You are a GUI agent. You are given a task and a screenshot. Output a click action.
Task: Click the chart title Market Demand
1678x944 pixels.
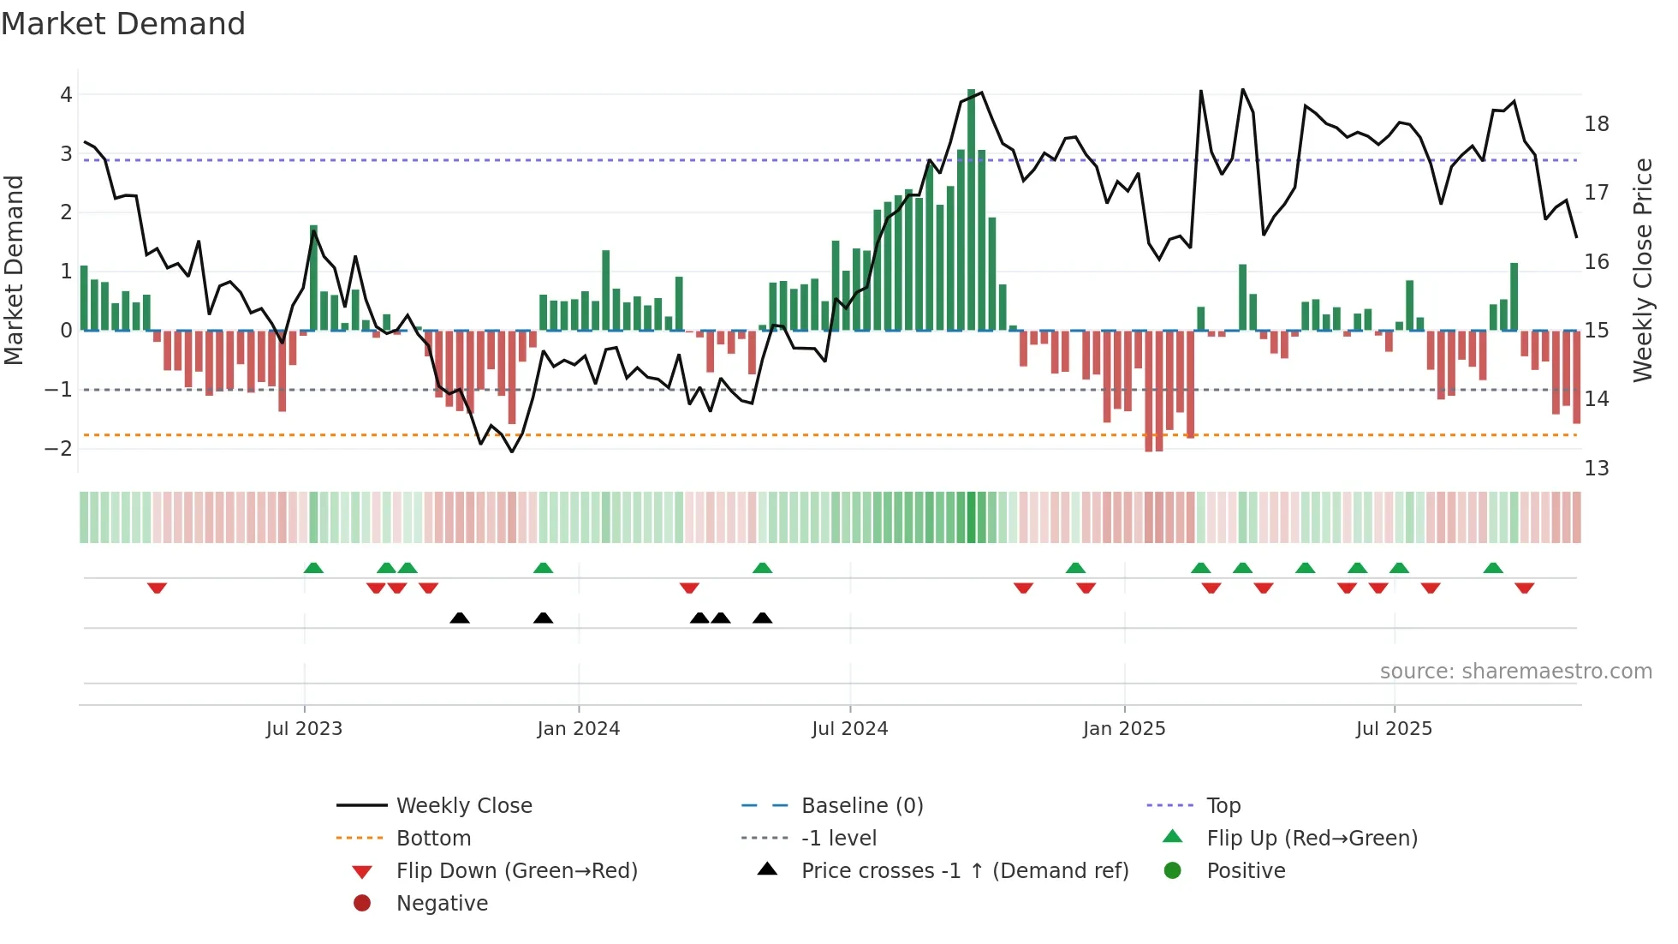[123, 24]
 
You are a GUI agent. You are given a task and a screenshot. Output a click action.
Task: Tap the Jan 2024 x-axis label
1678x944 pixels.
[578, 729]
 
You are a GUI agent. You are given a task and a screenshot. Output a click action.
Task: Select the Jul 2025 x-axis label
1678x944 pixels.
[1393, 729]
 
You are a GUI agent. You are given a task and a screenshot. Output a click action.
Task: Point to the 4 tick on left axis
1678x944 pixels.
[66, 95]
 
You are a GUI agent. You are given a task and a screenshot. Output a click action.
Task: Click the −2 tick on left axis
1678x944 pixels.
[59, 449]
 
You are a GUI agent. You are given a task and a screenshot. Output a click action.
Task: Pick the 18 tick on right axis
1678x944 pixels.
[1596, 124]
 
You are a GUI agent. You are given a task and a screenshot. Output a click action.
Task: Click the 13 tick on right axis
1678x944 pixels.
[1596, 469]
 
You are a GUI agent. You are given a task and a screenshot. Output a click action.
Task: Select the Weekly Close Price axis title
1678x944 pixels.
[1642, 270]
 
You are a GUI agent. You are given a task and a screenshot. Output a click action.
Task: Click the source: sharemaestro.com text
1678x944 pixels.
[1515, 672]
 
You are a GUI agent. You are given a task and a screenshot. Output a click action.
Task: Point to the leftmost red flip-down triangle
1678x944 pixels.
[157, 588]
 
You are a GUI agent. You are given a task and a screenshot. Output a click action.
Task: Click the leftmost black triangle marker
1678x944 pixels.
[460, 618]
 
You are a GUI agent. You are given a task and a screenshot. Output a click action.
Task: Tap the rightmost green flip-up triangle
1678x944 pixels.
[1493, 568]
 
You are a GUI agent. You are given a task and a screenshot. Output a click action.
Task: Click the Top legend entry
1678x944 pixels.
[1223, 806]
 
